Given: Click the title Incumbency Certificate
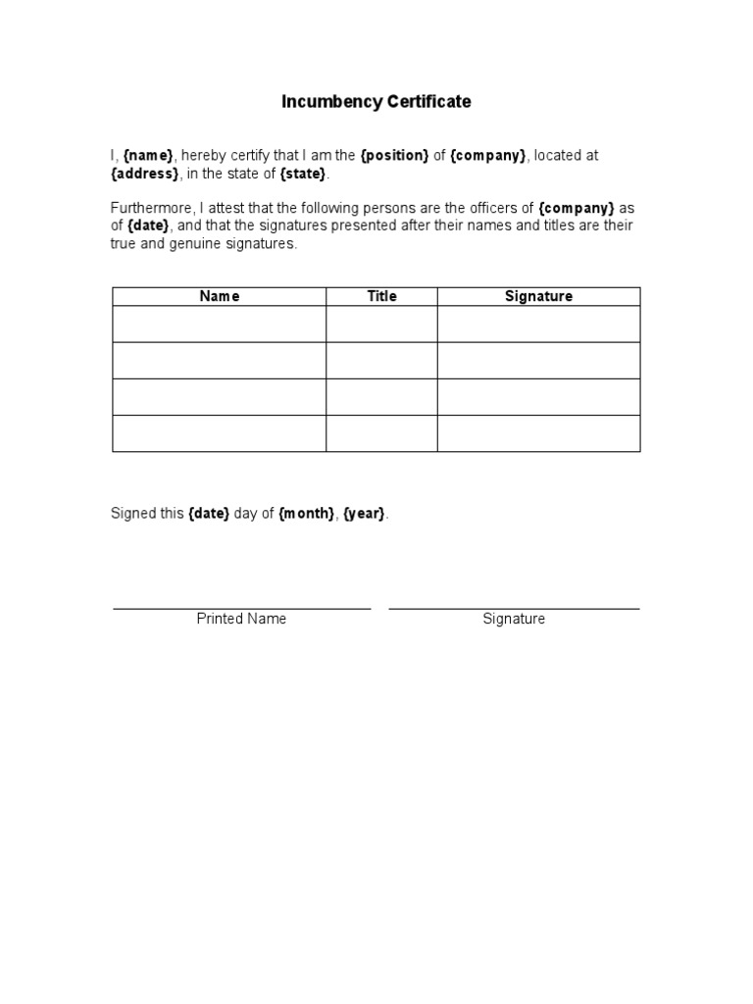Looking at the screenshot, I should (376, 102).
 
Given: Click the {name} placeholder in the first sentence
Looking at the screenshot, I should (148, 156).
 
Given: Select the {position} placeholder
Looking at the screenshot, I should (395, 156).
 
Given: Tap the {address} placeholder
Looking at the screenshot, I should (145, 174).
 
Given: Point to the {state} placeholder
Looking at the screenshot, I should (302, 174).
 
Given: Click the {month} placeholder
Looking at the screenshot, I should (306, 514).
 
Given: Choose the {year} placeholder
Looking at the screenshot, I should (364, 514).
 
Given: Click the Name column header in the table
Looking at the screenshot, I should (220, 296).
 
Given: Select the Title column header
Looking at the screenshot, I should (381, 296).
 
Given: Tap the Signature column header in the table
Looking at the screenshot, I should (538, 296).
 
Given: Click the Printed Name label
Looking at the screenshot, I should (241, 619).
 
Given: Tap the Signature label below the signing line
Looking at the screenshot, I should (514, 619).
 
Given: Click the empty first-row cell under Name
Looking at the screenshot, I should (220, 324).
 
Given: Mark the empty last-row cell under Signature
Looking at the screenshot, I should (538, 433).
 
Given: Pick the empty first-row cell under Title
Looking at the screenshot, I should (381, 324).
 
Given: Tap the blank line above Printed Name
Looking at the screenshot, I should (241, 608).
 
